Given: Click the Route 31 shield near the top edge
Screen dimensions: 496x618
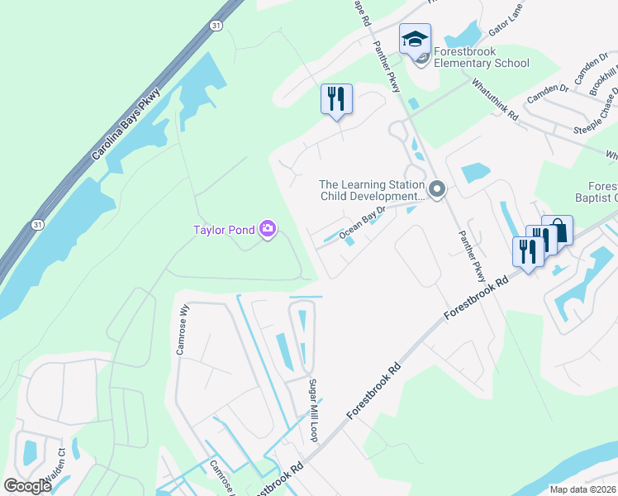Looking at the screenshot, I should tap(215, 27).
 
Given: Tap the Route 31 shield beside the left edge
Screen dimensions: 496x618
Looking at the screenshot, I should tap(37, 225).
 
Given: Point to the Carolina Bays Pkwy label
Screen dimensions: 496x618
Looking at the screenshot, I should tap(125, 125).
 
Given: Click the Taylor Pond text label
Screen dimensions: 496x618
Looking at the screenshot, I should tap(225, 231).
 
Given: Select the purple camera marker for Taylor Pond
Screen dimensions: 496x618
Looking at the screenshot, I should tap(268, 229).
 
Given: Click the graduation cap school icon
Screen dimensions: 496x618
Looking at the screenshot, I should tap(415, 39).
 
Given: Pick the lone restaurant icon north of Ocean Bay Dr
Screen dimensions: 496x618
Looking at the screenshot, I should tap(336, 99).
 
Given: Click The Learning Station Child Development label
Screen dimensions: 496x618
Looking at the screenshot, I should tap(371, 191).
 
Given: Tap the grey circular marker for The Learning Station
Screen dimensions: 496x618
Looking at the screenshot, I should tap(437, 191).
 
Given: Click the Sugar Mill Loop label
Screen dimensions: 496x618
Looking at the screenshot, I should tap(314, 410).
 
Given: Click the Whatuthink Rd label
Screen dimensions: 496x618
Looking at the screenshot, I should tap(495, 101).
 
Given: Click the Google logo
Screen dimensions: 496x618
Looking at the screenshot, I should tap(27, 485).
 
